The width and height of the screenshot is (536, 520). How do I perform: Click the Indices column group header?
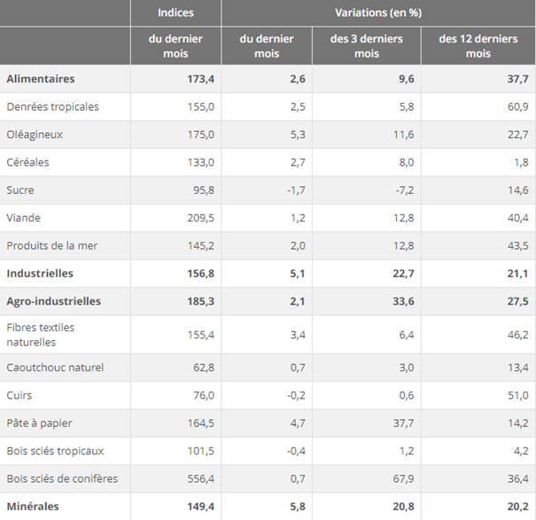(x=175, y=12)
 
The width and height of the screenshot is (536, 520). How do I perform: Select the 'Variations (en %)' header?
(x=378, y=12)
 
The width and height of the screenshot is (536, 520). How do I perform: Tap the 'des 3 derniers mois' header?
(x=366, y=46)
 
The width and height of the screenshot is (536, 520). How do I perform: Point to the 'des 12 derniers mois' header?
(x=478, y=46)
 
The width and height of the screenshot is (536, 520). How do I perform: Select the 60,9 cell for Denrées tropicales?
(x=517, y=106)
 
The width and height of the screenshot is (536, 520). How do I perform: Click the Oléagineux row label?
(x=35, y=135)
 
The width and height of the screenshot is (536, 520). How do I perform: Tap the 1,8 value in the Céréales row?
(x=521, y=162)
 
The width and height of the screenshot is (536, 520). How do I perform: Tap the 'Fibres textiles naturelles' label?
(x=41, y=334)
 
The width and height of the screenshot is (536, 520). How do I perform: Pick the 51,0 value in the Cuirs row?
(x=517, y=395)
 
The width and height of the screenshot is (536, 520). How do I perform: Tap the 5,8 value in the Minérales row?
(x=295, y=507)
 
